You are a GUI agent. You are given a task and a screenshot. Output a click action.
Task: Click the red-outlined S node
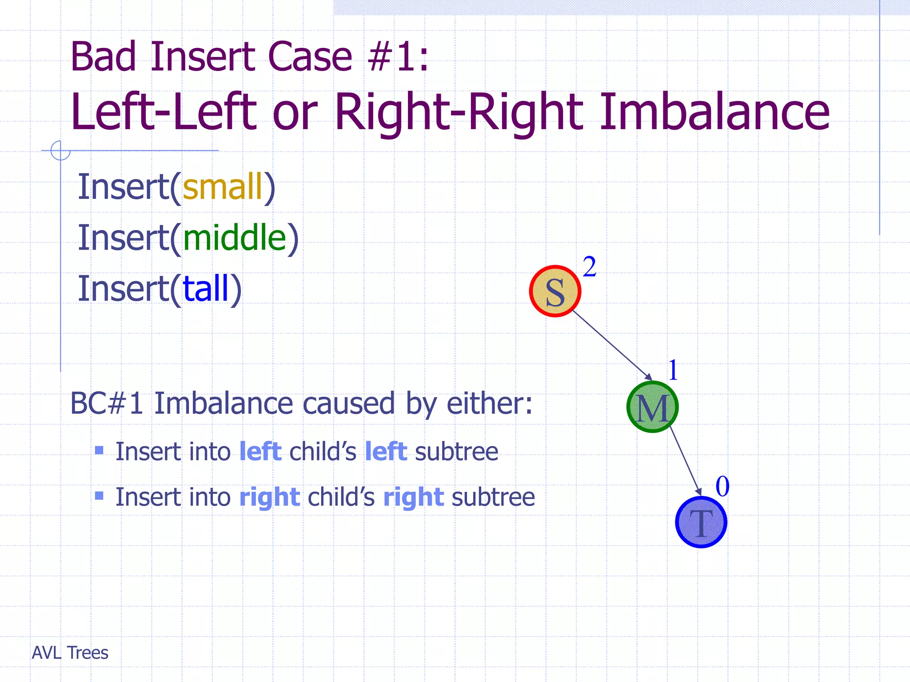click(555, 291)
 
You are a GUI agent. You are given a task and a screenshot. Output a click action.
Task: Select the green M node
click(652, 407)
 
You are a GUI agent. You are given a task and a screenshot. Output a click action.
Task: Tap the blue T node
click(701, 522)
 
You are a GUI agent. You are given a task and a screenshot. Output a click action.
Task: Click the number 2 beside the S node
click(589, 267)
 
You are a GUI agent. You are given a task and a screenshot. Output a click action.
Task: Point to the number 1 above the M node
click(673, 370)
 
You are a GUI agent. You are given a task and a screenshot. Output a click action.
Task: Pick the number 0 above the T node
click(722, 487)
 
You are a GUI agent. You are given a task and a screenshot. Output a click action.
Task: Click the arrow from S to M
click(612, 345)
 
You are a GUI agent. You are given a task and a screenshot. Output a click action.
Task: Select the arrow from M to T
click(685, 461)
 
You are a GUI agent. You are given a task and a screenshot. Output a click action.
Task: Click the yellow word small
click(223, 186)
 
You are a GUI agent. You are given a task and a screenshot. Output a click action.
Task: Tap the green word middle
click(235, 238)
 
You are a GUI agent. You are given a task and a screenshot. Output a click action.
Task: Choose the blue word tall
click(205, 289)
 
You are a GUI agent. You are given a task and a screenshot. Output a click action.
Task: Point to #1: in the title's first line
click(399, 57)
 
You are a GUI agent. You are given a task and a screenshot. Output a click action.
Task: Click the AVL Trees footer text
click(70, 653)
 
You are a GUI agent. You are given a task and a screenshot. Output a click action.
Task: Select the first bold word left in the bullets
click(260, 452)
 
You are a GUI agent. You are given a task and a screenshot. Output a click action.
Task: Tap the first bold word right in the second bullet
click(270, 497)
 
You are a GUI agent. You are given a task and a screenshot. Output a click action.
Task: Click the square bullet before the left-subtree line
click(99, 451)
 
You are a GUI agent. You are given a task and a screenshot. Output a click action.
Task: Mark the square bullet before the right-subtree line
click(99, 496)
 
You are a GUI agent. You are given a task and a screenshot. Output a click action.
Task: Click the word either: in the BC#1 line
click(489, 404)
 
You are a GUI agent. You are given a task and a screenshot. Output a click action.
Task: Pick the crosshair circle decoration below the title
click(60, 150)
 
